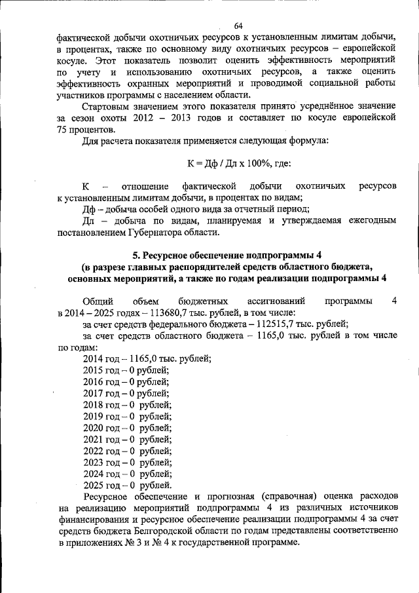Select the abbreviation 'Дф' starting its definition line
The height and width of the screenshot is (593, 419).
click(89, 209)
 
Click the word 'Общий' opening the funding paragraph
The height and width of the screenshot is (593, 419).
click(96, 301)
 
